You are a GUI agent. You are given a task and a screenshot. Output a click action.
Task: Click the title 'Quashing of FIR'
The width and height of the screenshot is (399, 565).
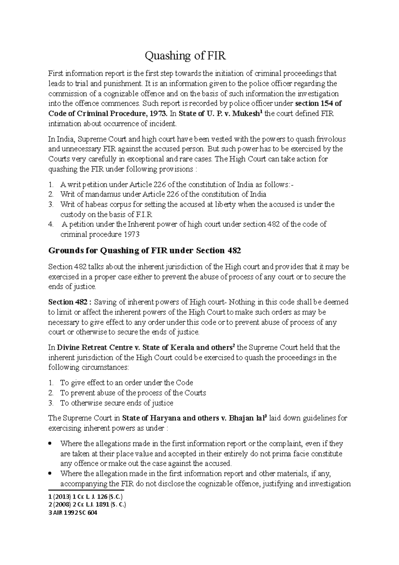point(185,56)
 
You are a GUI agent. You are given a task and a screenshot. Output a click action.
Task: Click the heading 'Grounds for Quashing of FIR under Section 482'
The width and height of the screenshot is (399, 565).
point(144,251)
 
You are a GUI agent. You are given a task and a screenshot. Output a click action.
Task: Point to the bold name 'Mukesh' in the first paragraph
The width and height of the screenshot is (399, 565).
point(246,114)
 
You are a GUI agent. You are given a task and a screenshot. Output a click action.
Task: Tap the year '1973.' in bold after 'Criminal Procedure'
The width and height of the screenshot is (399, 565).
point(158,114)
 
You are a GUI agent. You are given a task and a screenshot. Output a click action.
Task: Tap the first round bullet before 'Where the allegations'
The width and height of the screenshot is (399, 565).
point(50,444)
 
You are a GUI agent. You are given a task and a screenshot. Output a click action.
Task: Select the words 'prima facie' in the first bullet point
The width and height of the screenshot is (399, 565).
point(289,454)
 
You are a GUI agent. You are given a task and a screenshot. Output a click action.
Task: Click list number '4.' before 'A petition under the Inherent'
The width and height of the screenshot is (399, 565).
point(51,224)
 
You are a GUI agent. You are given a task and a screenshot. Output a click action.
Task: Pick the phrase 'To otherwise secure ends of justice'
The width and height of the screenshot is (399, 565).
point(116,403)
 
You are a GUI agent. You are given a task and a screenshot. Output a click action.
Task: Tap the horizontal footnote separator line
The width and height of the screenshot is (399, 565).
point(86,490)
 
